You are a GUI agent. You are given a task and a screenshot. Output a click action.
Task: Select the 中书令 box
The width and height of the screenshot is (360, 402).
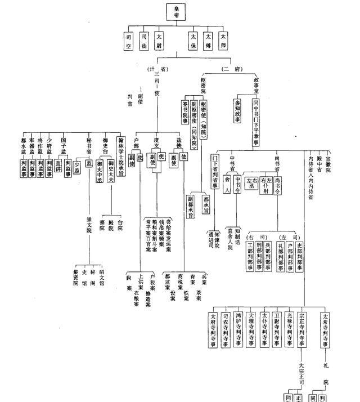coord(238,186)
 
